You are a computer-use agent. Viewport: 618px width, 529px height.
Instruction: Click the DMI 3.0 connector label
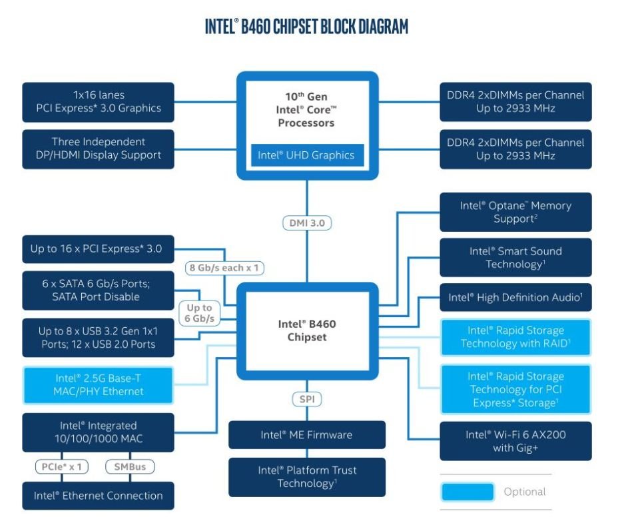(x=307, y=223)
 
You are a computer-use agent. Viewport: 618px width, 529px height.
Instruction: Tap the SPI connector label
(x=307, y=399)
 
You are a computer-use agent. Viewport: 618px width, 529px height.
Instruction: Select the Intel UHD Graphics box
(x=308, y=155)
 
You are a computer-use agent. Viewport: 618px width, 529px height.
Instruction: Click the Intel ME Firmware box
(x=307, y=435)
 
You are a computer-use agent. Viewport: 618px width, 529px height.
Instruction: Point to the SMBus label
(x=130, y=467)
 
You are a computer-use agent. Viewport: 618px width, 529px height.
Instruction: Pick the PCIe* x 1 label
(x=61, y=467)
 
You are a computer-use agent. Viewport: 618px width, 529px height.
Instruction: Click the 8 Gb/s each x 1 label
(x=224, y=268)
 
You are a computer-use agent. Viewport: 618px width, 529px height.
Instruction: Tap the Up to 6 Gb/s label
(x=199, y=312)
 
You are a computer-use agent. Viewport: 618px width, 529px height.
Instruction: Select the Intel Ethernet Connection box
(x=98, y=496)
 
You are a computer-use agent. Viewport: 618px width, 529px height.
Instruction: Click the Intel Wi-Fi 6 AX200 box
(x=515, y=441)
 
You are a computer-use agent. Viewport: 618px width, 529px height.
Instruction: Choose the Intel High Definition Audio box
(x=515, y=297)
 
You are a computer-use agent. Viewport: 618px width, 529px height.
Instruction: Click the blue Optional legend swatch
(x=467, y=492)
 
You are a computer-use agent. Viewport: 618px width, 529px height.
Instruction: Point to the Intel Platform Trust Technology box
(x=307, y=477)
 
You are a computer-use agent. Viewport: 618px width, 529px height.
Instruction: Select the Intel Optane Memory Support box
(x=515, y=212)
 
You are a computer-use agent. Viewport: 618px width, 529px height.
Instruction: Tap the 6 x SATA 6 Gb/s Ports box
(x=98, y=290)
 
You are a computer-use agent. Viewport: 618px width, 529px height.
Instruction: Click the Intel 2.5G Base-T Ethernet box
(x=98, y=385)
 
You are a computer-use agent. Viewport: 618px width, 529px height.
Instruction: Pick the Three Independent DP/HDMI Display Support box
(x=98, y=149)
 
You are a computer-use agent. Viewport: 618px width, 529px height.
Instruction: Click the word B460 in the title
(x=256, y=27)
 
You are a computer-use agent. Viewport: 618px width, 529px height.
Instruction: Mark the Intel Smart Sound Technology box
(x=515, y=257)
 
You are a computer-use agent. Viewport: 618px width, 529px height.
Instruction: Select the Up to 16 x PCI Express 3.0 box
(x=98, y=249)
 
